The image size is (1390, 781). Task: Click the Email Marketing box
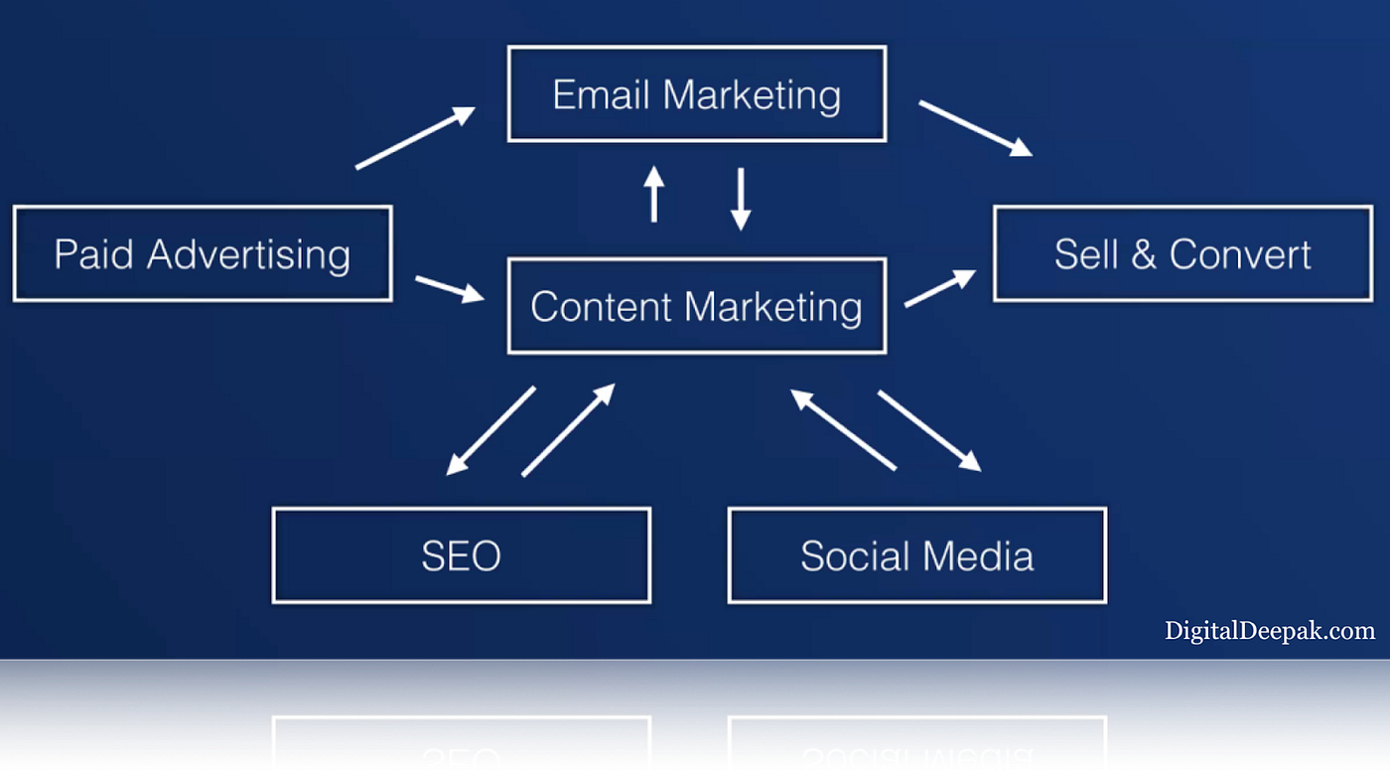[696, 94]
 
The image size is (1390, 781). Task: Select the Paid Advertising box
[203, 253]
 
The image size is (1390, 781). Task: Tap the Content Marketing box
[696, 306]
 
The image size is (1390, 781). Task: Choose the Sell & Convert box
[1182, 253]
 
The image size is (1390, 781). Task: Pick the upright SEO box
[461, 555]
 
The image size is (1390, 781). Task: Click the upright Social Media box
[916, 555]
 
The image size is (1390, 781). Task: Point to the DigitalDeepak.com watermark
[1270, 630]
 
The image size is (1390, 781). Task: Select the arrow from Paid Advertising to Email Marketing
[415, 138]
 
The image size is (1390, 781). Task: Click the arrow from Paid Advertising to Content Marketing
[449, 288]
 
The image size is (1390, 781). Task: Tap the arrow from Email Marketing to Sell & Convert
[975, 128]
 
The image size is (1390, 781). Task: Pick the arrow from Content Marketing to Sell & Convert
[939, 288]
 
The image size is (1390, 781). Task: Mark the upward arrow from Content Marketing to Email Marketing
[653, 194]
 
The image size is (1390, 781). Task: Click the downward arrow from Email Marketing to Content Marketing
[741, 199]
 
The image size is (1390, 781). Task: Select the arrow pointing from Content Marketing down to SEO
[490, 430]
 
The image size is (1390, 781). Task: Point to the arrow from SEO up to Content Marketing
[568, 430]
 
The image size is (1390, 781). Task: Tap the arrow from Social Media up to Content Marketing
[843, 428]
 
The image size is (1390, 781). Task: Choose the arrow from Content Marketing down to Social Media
[929, 430]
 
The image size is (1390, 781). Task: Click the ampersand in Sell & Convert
[1143, 254]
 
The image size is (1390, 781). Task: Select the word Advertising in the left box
[248, 254]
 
